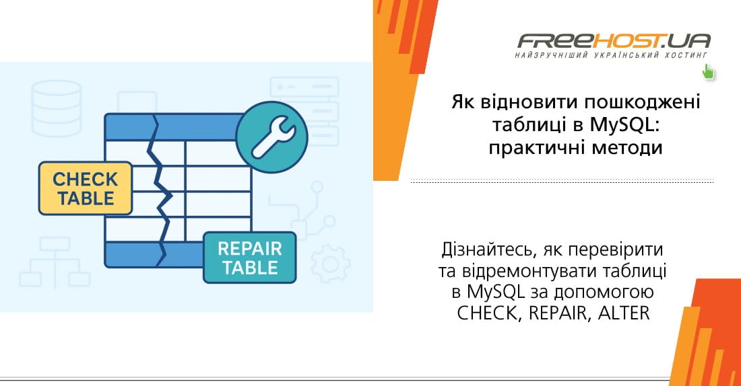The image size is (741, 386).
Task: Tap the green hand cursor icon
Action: (x=708, y=71)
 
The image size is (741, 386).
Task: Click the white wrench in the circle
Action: (x=272, y=137)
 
